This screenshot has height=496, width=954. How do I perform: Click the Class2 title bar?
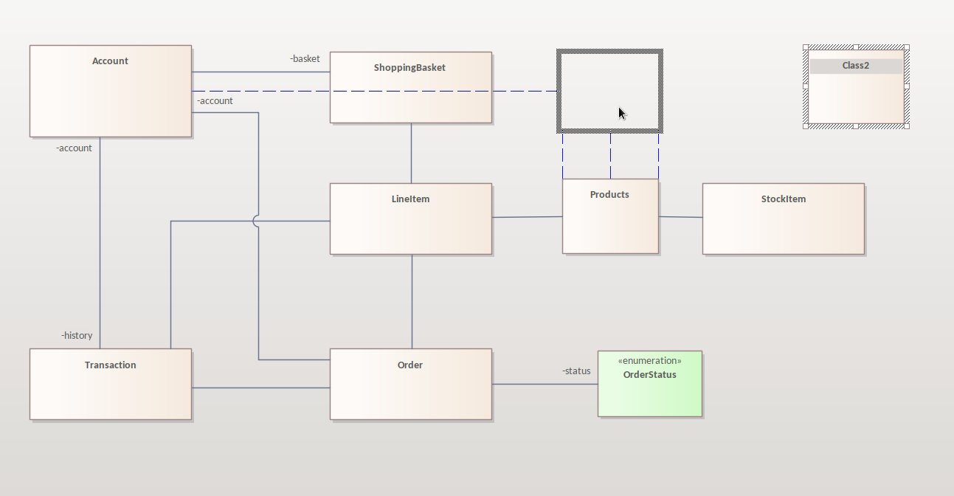click(856, 66)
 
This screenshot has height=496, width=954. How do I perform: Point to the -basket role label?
click(305, 58)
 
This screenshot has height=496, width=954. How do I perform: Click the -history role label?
click(77, 335)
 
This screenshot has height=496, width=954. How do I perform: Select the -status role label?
click(576, 371)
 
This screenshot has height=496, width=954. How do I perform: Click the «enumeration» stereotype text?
click(649, 360)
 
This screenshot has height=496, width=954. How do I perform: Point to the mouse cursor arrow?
click(622, 113)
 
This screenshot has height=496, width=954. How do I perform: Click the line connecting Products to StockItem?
click(680, 217)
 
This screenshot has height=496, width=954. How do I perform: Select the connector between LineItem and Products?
click(527, 217)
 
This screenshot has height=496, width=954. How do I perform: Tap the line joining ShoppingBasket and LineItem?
click(411, 153)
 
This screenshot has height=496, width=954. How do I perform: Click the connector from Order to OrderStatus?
click(545, 384)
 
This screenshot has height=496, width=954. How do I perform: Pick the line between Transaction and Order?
click(260, 387)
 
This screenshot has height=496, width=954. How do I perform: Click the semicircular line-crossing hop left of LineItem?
click(255, 221)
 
